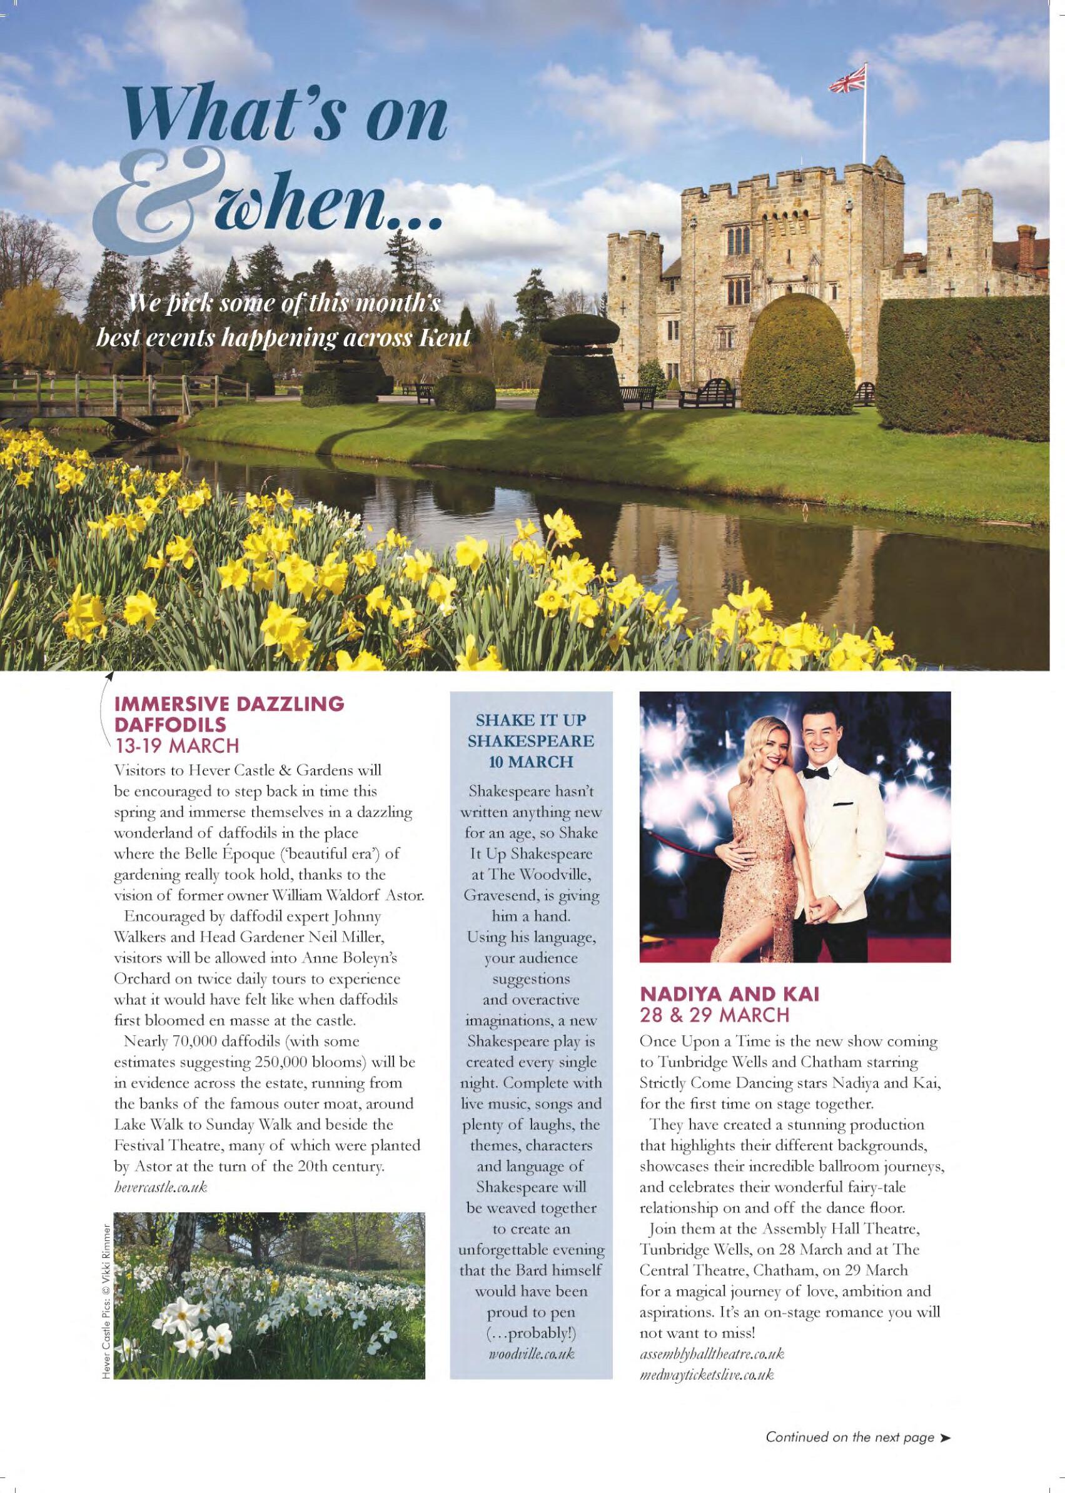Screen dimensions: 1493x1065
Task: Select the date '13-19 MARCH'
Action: pos(176,745)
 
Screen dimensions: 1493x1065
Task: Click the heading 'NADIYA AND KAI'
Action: pos(729,994)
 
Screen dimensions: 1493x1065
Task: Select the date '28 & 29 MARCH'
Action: pos(715,1015)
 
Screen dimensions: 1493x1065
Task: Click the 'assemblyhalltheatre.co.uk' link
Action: pos(712,1333)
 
